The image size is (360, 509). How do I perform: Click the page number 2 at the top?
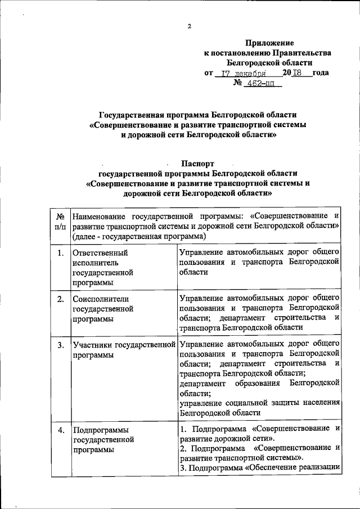click(x=190, y=26)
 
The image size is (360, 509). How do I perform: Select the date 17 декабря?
click(x=243, y=73)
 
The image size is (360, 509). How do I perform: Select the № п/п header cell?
click(x=60, y=221)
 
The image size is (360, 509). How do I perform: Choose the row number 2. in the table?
click(x=60, y=299)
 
